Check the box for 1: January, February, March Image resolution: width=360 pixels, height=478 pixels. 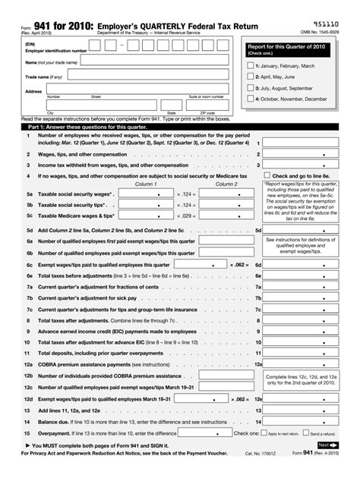coord(251,66)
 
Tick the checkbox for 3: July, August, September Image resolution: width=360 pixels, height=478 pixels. coord(251,88)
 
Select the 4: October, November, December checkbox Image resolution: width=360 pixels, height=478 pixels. coord(251,99)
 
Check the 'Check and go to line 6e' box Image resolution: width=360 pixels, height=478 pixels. coord(268,175)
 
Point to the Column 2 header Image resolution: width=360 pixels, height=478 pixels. coord(226,184)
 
